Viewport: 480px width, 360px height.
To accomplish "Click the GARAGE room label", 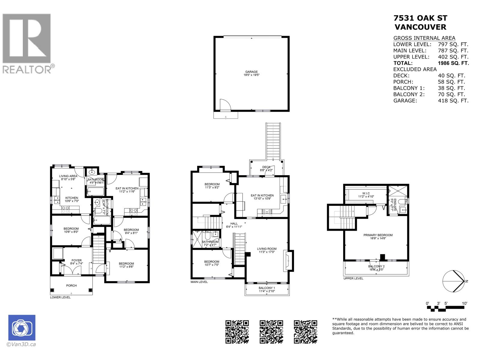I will click(x=251, y=72).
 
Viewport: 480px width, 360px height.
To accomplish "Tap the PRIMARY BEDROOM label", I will click(x=378, y=235).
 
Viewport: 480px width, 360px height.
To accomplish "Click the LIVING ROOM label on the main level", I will click(x=267, y=249).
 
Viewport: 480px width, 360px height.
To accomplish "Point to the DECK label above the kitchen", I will click(x=266, y=167).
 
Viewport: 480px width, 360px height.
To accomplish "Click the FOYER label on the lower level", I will click(x=76, y=260).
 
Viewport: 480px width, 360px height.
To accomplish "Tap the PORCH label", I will click(x=71, y=286).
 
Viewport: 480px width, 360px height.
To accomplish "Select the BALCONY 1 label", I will click(x=267, y=288).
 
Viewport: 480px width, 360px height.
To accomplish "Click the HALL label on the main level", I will click(x=234, y=223).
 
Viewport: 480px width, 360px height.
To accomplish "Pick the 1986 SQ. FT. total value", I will click(x=453, y=63).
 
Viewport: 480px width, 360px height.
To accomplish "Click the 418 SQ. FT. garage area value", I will click(x=453, y=101).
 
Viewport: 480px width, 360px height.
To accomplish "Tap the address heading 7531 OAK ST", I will click(x=420, y=18).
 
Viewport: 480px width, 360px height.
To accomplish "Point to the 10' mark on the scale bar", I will click(x=464, y=303).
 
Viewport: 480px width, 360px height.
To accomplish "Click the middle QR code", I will click(x=271, y=331).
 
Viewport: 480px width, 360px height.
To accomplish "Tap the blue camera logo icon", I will click(x=22, y=328).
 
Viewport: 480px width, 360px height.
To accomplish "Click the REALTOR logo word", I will click(x=27, y=69).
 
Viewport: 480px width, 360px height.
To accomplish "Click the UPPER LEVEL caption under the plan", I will click(x=353, y=278).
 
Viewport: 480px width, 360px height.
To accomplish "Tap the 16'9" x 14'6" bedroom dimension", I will click(x=378, y=238).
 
